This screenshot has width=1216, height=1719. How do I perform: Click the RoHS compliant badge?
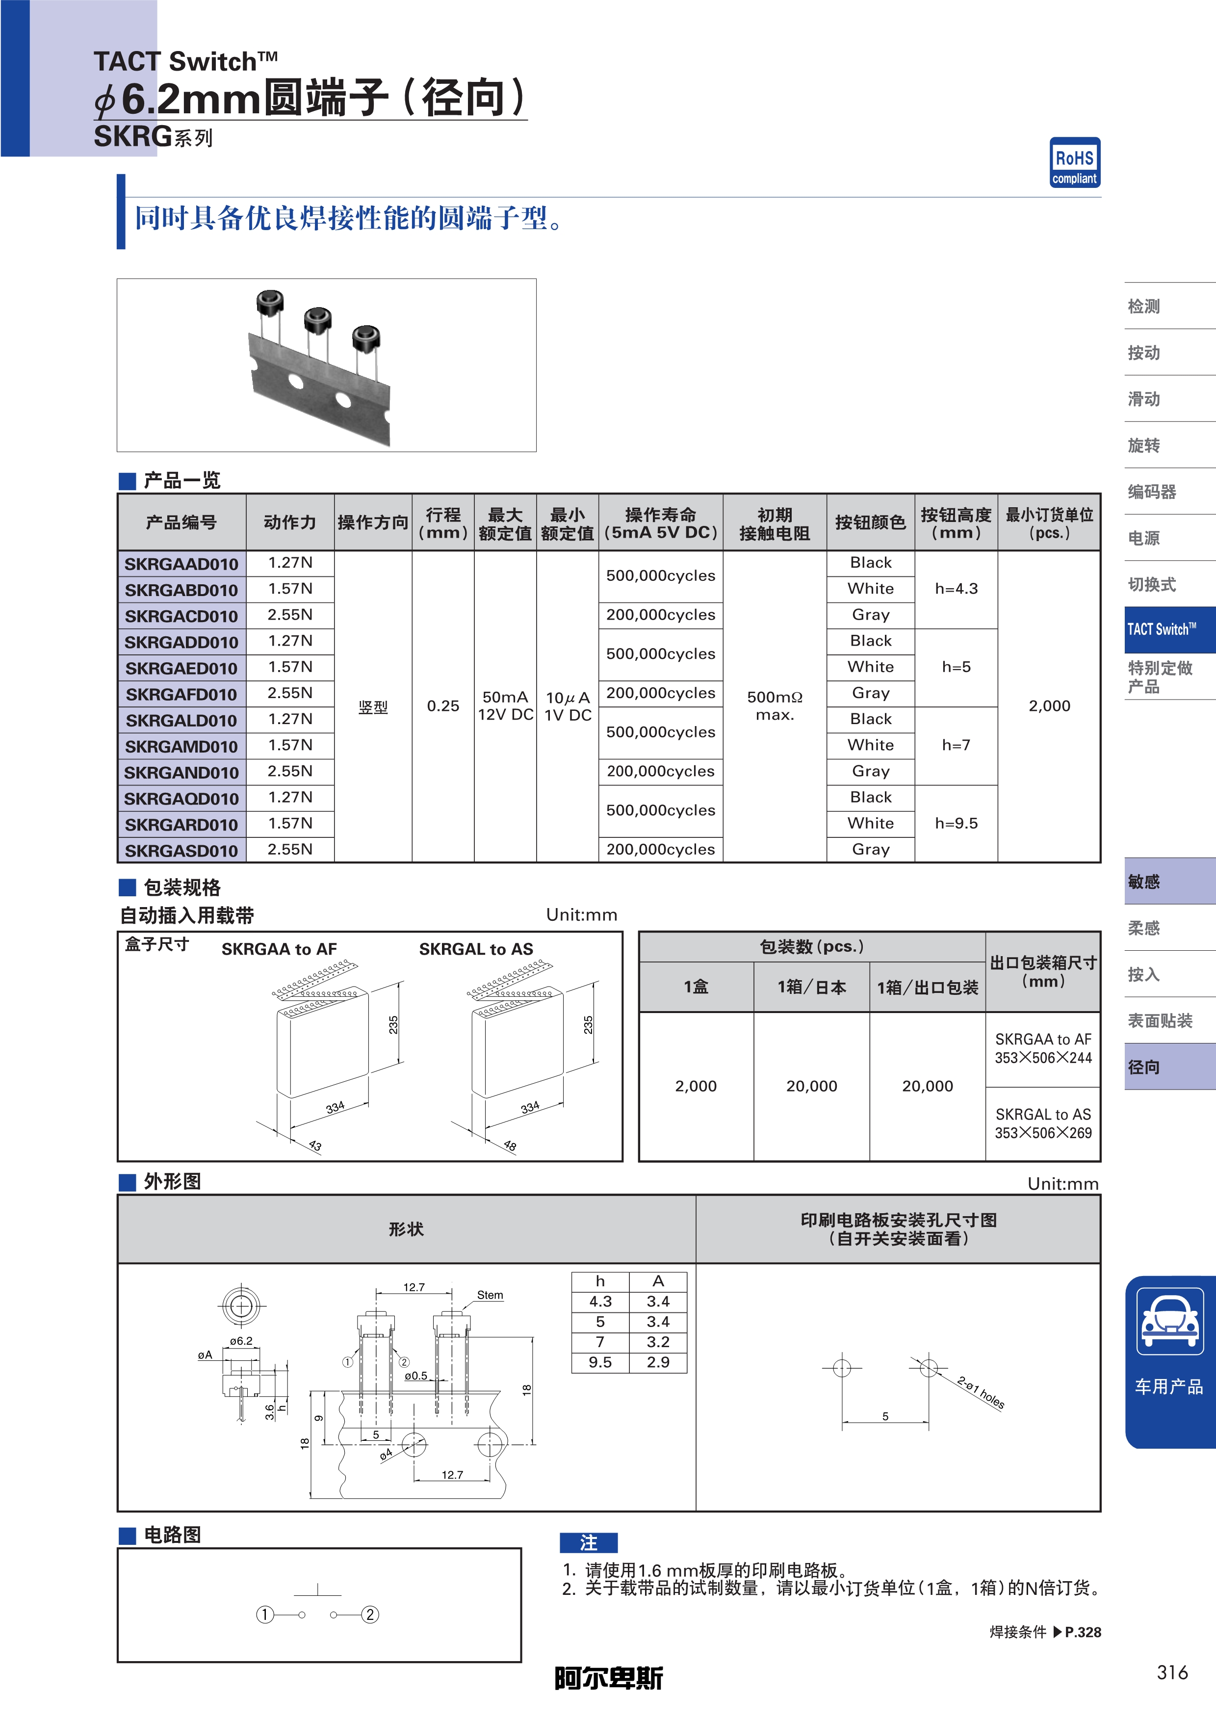(x=1074, y=162)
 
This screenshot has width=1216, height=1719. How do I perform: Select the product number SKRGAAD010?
(x=181, y=564)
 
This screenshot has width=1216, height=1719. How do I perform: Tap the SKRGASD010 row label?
(x=181, y=851)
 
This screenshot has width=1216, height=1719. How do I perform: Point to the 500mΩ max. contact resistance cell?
(x=774, y=705)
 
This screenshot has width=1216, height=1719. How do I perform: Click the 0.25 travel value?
(x=442, y=706)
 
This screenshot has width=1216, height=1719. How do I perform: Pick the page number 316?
(x=1172, y=1672)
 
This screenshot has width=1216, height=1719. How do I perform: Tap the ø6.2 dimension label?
(x=241, y=1341)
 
